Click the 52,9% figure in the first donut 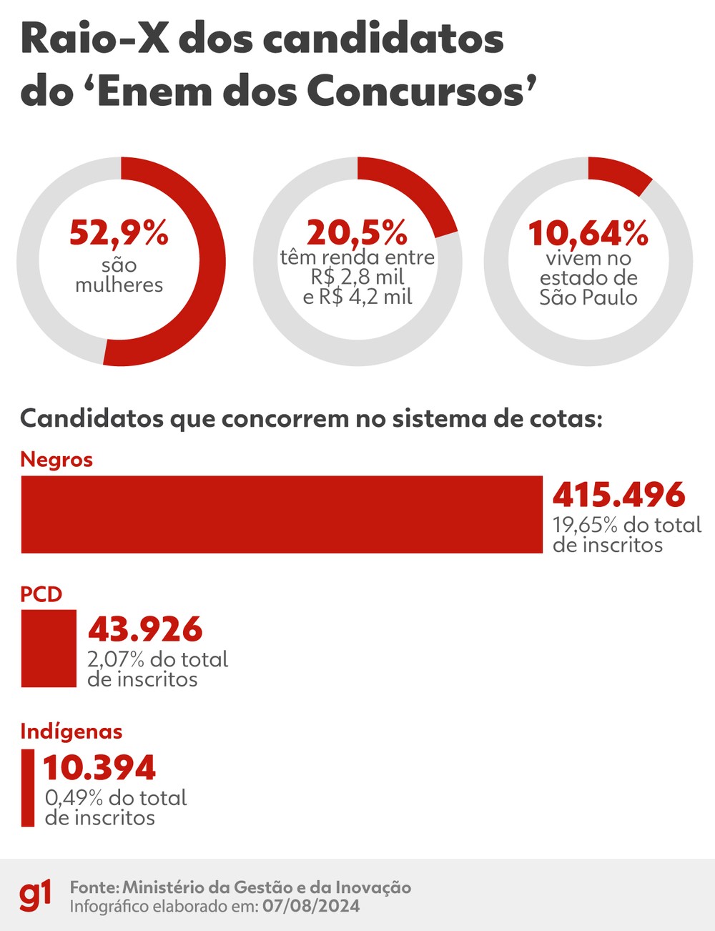point(119,233)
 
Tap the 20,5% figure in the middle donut point(357,233)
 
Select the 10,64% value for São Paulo point(588,233)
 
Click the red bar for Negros point(281,514)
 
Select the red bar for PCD point(49,648)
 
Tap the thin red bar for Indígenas point(28,787)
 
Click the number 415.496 point(618,495)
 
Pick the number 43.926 point(145,629)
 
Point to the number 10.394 point(99,768)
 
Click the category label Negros point(56,459)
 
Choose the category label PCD point(41,594)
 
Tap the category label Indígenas point(71,731)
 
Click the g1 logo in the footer point(35,895)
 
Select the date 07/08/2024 point(311,907)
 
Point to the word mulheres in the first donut point(119,285)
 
